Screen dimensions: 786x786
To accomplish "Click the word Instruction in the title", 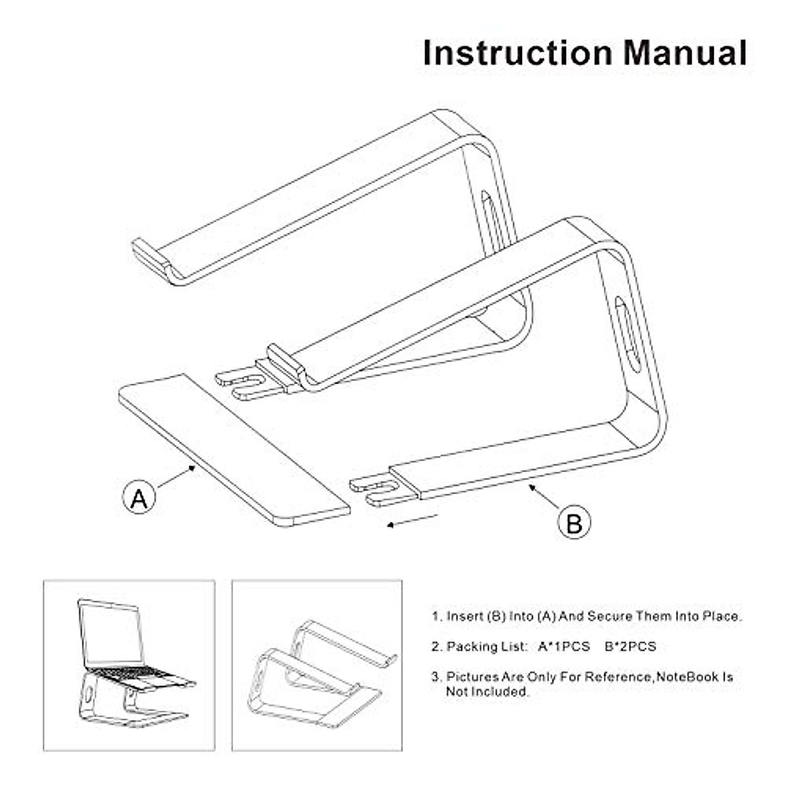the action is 517,53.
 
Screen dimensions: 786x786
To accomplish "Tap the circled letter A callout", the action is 139,497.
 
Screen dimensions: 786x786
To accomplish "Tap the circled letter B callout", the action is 574,523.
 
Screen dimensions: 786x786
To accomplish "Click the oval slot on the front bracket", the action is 627,334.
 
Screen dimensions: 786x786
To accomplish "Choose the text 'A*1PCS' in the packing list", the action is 564,646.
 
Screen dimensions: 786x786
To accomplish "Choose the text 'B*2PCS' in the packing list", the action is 630,646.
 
